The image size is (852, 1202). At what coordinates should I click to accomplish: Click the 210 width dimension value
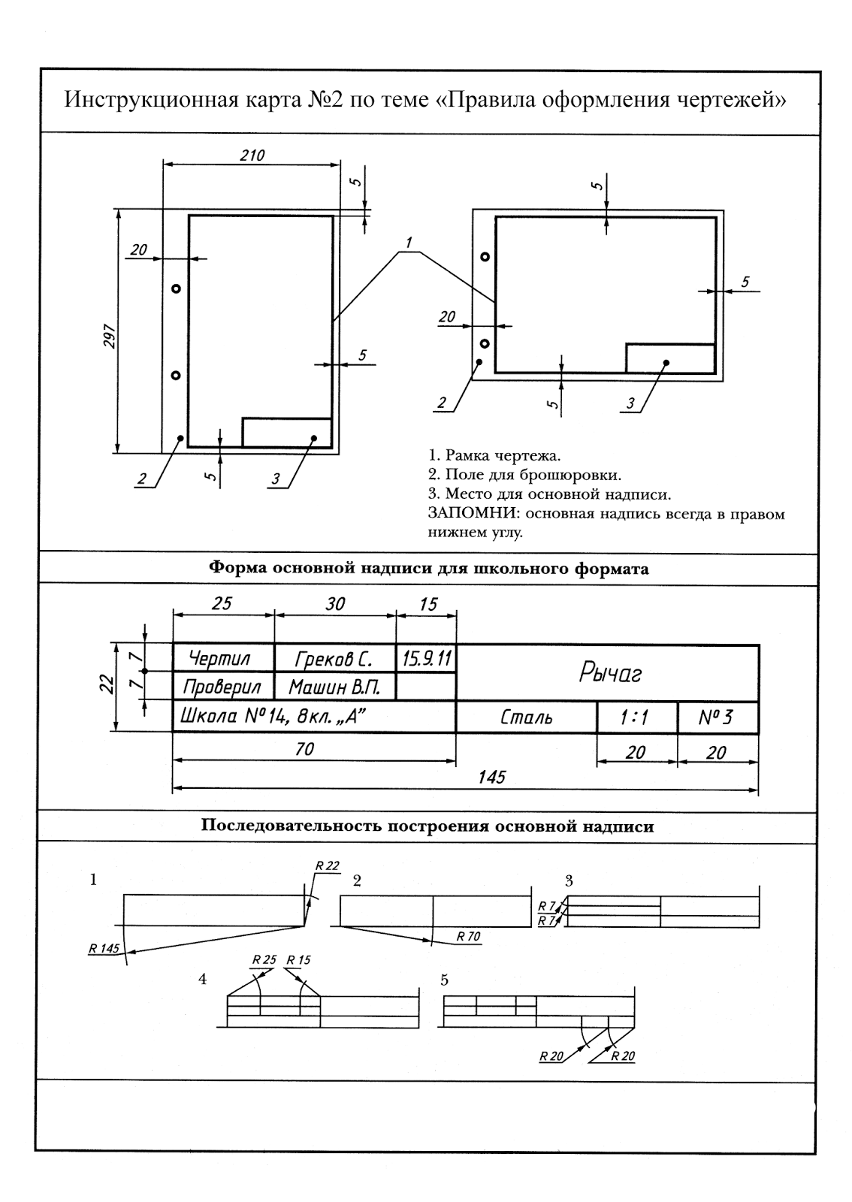[252, 156]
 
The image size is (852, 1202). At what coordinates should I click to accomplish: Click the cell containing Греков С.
[334, 659]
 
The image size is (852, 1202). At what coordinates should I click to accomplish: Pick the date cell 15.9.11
[426, 659]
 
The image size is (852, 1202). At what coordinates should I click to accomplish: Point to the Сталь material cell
[526, 718]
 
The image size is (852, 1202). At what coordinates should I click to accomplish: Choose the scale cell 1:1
[636, 718]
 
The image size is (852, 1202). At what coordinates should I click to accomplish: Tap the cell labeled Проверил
[222, 687]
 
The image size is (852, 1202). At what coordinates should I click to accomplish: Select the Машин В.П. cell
[334, 687]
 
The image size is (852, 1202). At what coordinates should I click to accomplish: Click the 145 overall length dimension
[491, 777]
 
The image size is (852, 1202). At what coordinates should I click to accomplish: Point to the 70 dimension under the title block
[304, 749]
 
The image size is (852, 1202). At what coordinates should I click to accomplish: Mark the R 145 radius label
[104, 948]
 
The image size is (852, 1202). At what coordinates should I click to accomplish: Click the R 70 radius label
[468, 937]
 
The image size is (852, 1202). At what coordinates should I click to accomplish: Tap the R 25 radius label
[264, 959]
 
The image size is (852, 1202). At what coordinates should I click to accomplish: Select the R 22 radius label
[328, 865]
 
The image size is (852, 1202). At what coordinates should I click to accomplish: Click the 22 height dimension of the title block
[107, 684]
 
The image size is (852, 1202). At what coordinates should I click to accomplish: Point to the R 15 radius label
[298, 959]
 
